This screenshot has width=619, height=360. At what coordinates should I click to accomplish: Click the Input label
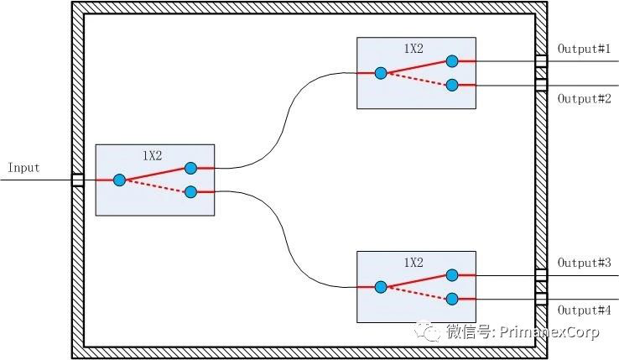(x=23, y=168)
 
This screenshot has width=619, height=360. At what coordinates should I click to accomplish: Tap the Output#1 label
(x=584, y=49)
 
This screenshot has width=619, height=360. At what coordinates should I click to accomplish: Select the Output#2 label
(x=584, y=98)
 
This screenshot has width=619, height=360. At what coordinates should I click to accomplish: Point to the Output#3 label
(x=584, y=263)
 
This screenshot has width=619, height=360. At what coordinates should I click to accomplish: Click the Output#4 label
(x=584, y=310)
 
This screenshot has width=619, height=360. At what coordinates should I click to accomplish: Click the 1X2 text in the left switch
(x=152, y=156)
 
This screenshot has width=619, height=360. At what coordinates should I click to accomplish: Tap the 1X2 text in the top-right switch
(x=413, y=49)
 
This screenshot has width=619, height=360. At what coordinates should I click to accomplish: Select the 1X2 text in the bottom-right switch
(x=413, y=263)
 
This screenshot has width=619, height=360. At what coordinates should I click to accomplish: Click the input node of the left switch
(x=119, y=180)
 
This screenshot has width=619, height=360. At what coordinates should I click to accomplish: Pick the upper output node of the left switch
(x=190, y=168)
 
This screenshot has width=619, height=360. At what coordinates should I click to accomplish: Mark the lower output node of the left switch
(x=190, y=192)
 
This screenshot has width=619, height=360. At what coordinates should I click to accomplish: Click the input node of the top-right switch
(x=381, y=73)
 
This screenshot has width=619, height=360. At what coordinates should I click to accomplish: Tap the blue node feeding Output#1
(x=452, y=60)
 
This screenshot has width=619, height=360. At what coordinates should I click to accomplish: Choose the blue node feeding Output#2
(x=452, y=85)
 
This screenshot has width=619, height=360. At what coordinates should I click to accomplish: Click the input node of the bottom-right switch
(x=381, y=287)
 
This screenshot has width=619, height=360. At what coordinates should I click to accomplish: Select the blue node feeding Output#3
(x=452, y=274)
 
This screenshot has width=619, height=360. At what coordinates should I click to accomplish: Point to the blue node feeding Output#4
(x=452, y=299)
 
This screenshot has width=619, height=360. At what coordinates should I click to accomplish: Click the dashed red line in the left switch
(x=155, y=186)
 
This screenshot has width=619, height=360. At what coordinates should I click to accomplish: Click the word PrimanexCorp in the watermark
(x=549, y=333)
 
